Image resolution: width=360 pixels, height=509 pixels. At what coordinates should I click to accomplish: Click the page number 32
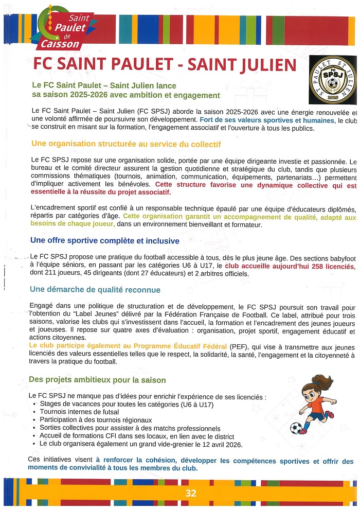pyautogui.click(x=191, y=493)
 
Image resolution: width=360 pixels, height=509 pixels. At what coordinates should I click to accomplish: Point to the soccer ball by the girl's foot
pyautogui.click(x=296, y=428)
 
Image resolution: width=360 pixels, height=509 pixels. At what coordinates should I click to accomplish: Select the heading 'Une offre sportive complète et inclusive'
pyautogui.click(x=105, y=241)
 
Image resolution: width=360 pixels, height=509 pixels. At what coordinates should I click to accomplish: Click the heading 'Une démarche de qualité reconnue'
pyautogui.click(x=95, y=290)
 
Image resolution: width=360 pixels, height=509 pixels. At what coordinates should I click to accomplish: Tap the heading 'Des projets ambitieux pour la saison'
pyautogui.click(x=97, y=380)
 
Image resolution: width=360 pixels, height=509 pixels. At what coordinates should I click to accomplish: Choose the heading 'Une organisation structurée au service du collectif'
pyautogui.click(x=126, y=144)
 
